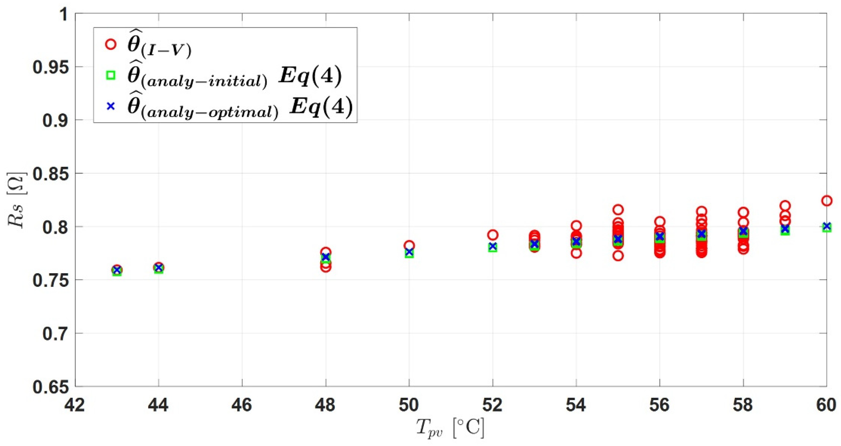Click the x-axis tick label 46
[242, 405]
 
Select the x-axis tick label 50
[409, 405]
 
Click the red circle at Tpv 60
[826, 201]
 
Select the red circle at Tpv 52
[493, 235]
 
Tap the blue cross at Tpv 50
[409, 252]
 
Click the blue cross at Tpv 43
[117, 270]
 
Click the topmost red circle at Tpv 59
[785, 206]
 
